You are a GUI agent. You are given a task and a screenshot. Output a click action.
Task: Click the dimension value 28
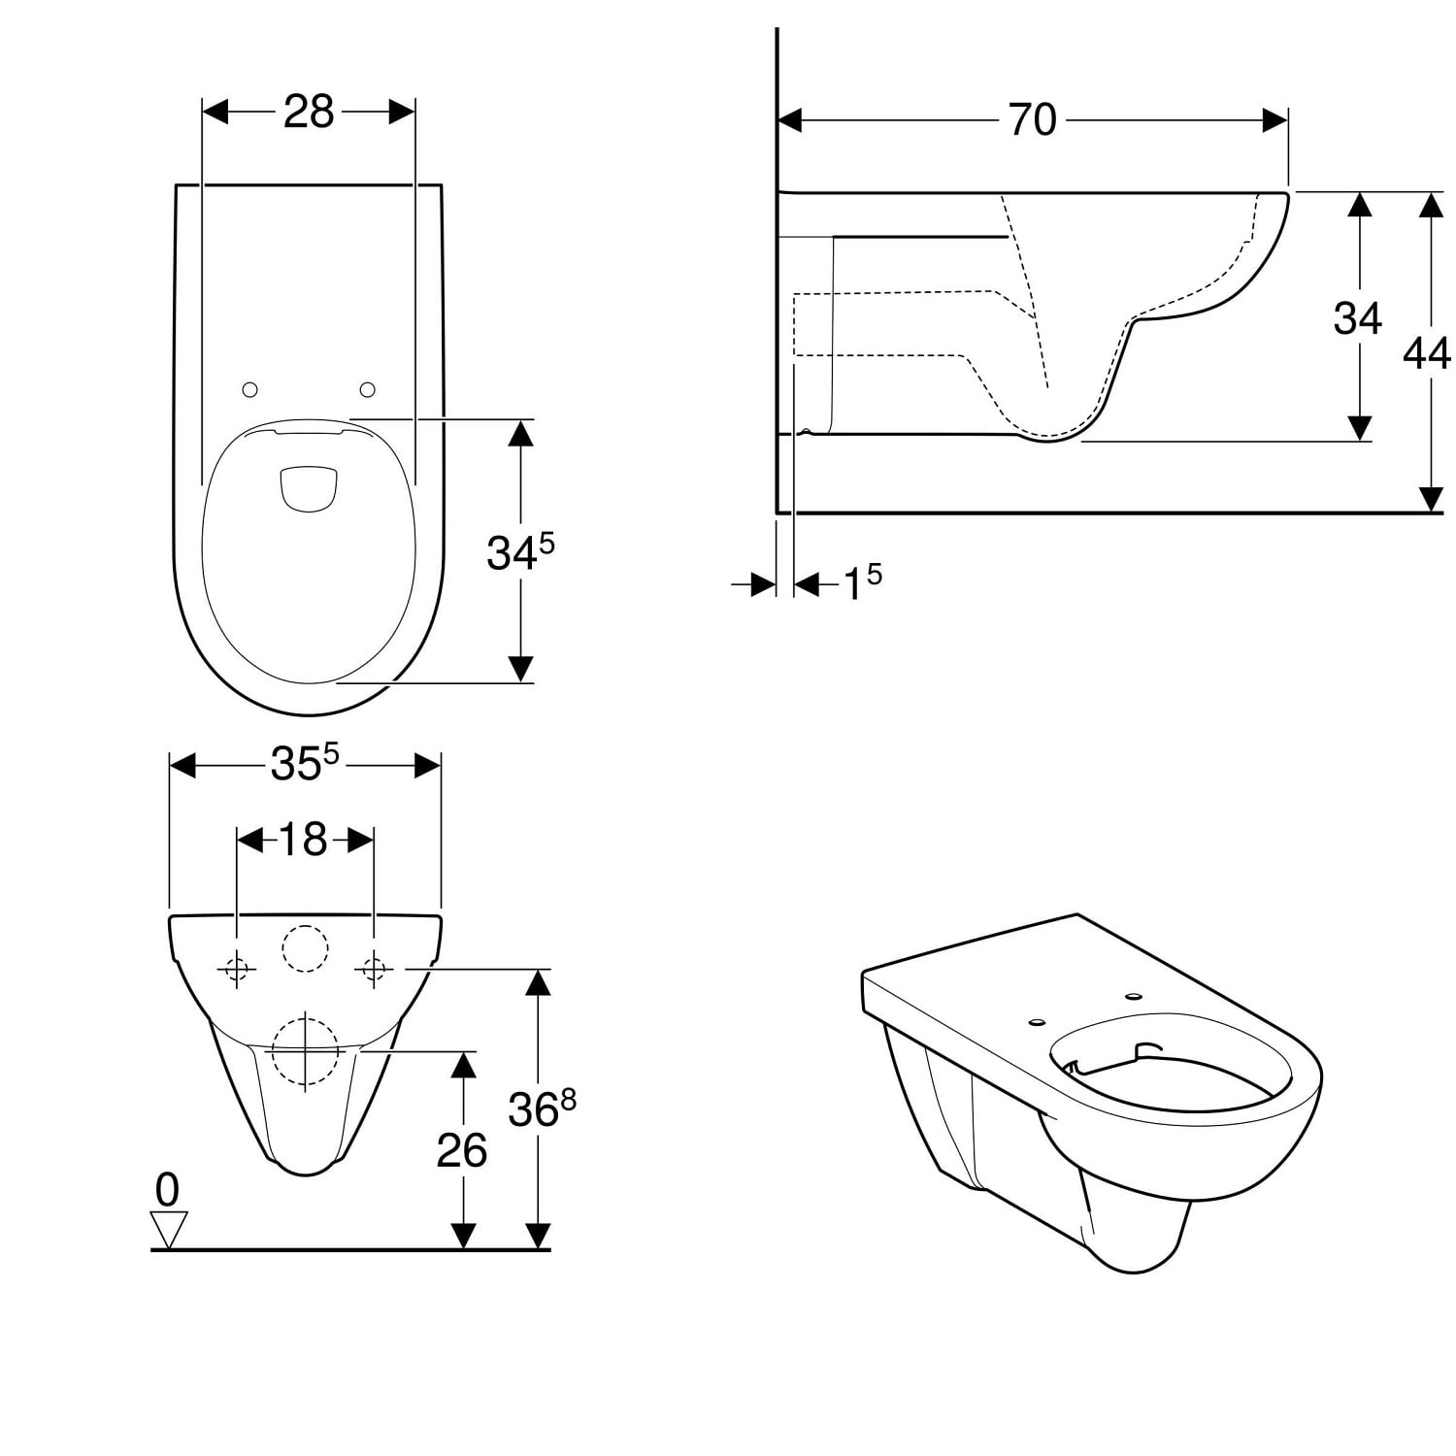tap(309, 112)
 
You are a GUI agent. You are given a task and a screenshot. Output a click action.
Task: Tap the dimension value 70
tap(1032, 119)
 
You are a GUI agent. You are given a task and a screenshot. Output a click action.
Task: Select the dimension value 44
tap(1427, 352)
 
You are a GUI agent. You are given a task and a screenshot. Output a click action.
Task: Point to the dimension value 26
tap(461, 1150)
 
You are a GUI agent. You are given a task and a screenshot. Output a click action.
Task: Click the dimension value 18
tap(303, 840)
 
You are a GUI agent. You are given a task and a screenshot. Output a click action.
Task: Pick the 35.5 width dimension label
tap(304, 763)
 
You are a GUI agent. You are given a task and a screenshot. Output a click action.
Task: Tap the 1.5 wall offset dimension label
tap(862, 582)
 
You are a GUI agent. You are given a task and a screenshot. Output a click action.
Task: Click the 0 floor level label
tap(168, 1189)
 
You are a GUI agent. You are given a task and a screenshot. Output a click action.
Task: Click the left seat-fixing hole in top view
tap(249, 389)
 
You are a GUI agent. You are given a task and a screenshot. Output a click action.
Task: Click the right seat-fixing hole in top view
tap(368, 389)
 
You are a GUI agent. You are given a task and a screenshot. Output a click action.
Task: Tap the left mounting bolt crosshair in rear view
tap(237, 968)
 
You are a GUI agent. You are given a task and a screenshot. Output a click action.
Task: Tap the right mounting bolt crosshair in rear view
tap(375, 968)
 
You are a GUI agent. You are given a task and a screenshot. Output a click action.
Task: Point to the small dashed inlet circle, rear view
tap(306, 948)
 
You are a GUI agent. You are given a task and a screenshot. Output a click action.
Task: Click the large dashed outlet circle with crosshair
tap(306, 1049)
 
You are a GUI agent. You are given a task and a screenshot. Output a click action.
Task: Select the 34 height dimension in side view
tap(1357, 317)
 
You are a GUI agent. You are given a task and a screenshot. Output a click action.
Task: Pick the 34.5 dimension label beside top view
tap(520, 551)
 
